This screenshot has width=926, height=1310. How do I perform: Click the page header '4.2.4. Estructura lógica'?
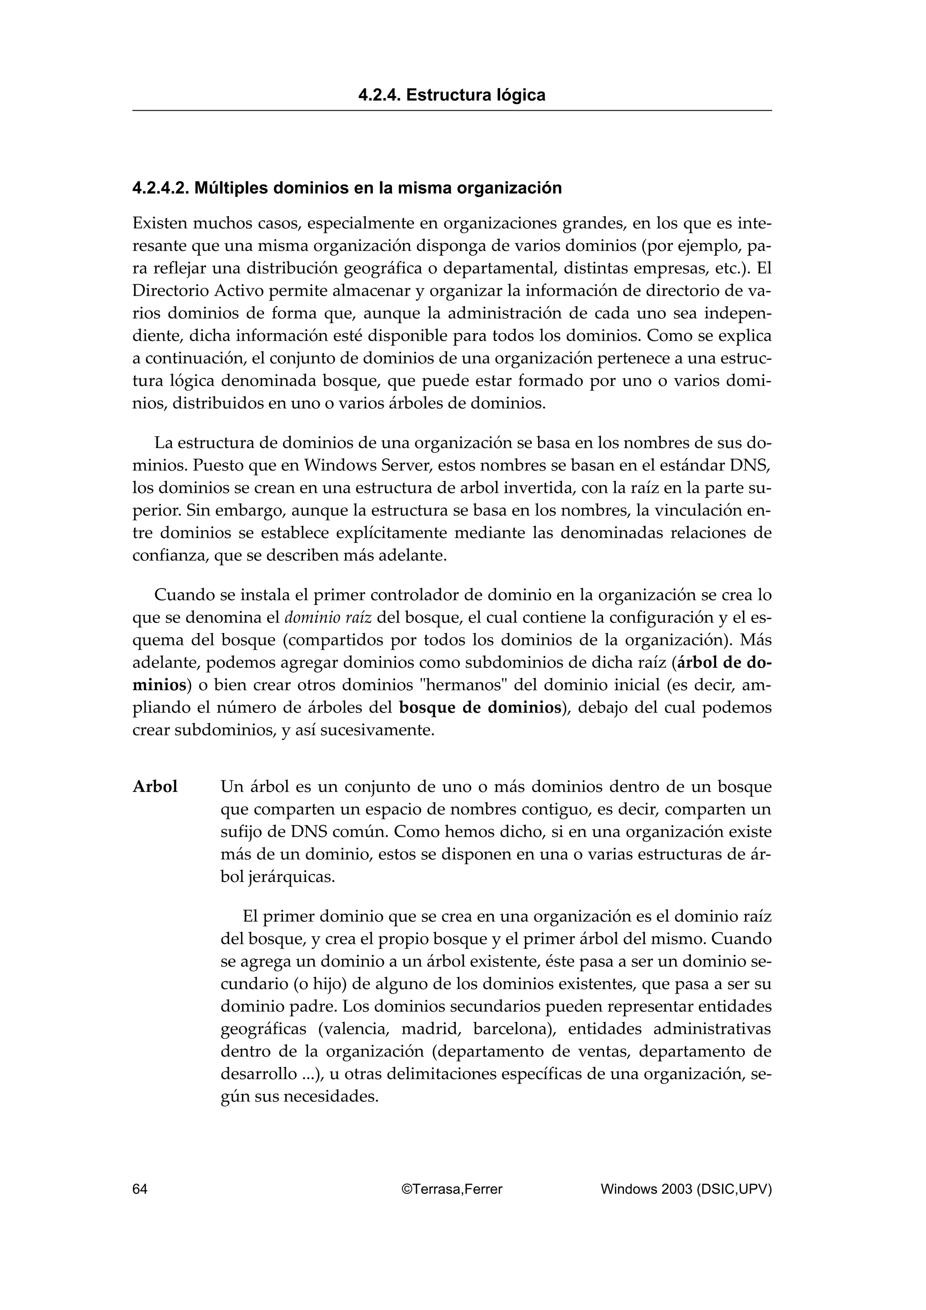pyautogui.click(x=451, y=95)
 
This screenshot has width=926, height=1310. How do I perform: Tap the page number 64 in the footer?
pyautogui.click(x=140, y=1189)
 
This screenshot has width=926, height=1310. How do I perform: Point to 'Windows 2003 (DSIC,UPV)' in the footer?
pyautogui.click(x=686, y=1189)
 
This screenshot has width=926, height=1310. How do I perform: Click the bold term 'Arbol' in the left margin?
pyautogui.click(x=155, y=787)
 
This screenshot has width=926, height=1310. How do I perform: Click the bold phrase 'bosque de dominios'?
pyautogui.click(x=480, y=708)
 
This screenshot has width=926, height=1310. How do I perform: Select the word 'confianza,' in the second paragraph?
pyautogui.click(x=170, y=556)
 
